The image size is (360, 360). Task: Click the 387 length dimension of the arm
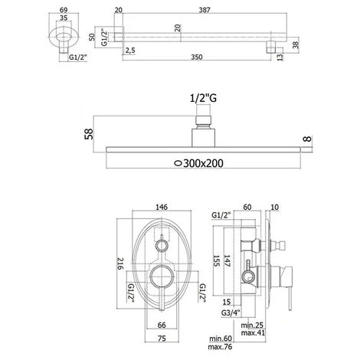(x=205, y=10)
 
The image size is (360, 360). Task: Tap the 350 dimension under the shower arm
(x=197, y=57)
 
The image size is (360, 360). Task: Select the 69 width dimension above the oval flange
(x=64, y=10)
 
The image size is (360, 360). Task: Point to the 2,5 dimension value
(x=130, y=51)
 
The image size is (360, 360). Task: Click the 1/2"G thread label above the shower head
(x=203, y=98)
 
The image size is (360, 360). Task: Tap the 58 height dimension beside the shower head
(x=89, y=134)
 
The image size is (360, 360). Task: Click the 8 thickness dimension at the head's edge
(x=308, y=139)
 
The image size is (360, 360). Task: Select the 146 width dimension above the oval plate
(x=162, y=207)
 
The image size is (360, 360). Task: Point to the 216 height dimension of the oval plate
(x=120, y=263)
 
